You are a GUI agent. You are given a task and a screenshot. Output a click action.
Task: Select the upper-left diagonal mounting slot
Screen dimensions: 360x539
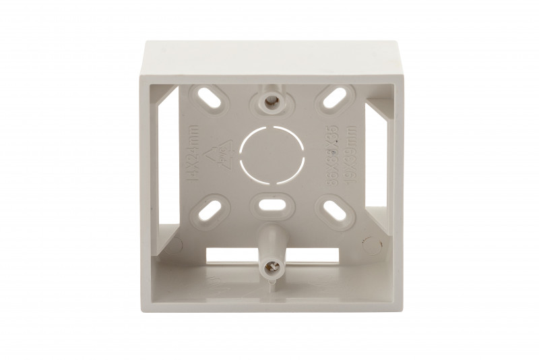[x=209, y=100]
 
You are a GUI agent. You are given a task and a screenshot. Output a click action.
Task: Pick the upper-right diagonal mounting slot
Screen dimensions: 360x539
[x=332, y=99]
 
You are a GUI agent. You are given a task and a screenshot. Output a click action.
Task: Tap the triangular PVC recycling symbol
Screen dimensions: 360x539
[x=222, y=153]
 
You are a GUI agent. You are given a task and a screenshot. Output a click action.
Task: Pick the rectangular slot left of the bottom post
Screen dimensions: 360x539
[x=230, y=255]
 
